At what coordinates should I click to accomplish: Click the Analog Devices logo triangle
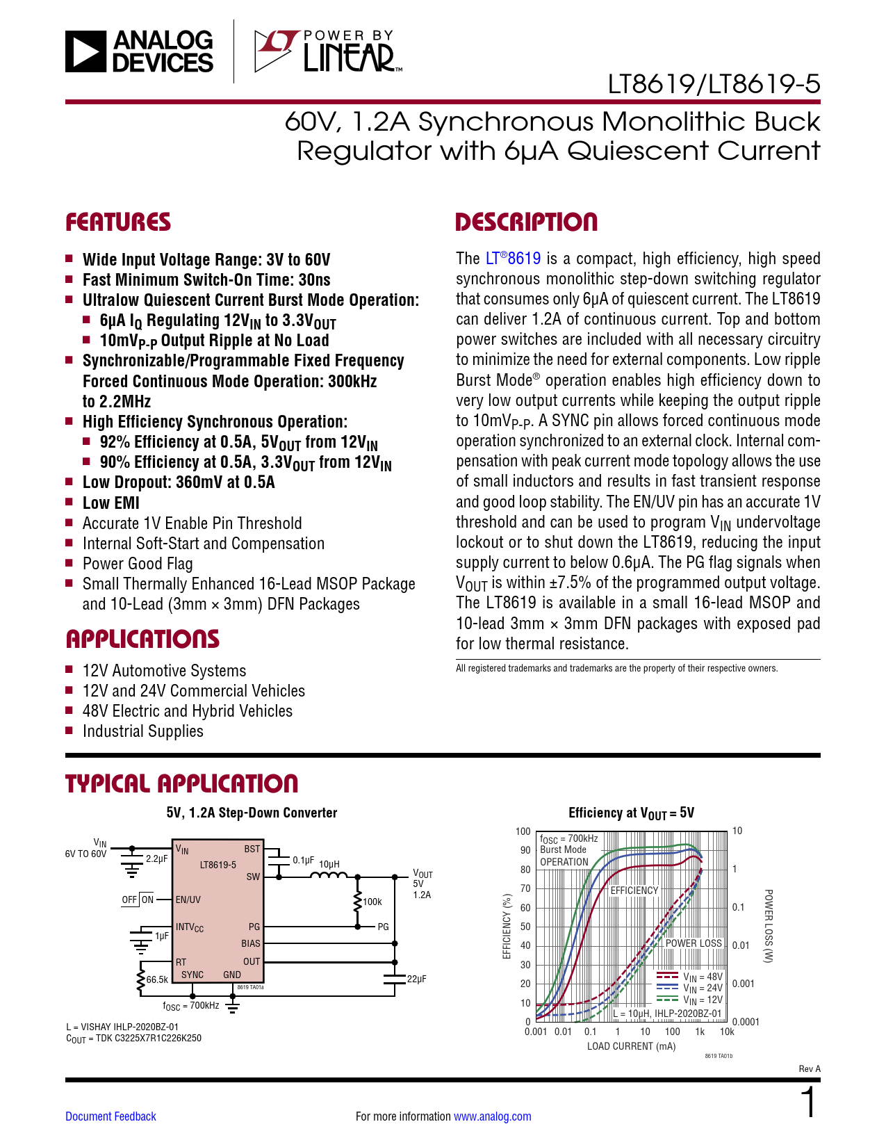[85, 51]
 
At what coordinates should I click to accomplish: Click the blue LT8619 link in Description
[513, 258]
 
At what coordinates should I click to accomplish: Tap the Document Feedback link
[110, 1116]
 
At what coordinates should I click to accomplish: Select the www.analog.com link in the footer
[493, 1116]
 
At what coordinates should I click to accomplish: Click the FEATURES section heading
[118, 222]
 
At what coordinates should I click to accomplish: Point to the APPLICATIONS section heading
[142, 639]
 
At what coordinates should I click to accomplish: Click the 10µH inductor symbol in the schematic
[329, 876]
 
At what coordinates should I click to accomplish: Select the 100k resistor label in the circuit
[372, 902]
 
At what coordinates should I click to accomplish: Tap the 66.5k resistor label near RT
[157, 979]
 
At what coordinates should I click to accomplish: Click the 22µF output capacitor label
[416, 979]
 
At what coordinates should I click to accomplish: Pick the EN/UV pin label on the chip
[188, 900]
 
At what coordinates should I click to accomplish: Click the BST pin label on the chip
[252, 848]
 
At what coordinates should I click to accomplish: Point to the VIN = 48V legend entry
[689, 976]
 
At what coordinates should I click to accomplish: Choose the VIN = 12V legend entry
[689, 999]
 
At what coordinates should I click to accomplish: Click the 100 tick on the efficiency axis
[523, 831]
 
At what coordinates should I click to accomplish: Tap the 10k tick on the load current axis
[727, 1032]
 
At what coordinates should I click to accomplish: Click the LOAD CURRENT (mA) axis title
[631, 1046]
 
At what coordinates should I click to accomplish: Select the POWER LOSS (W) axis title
[769, 926]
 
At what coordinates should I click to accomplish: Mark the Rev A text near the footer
[810, 1068]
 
